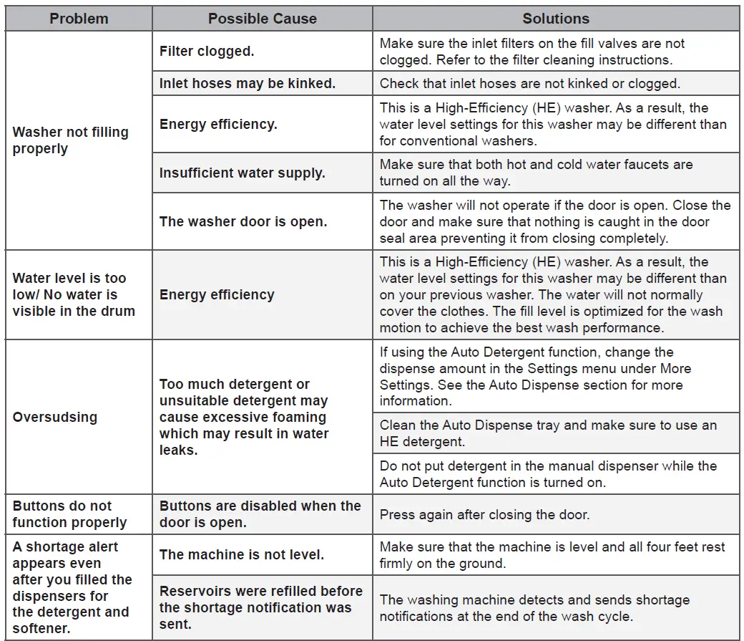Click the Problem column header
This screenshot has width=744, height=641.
pos(79,19)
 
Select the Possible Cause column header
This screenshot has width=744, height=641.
pos(262,19)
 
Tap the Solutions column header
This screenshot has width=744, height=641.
pos(556,19)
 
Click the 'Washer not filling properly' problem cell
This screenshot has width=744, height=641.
pos(71,140)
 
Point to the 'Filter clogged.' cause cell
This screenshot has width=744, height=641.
pos(207,52)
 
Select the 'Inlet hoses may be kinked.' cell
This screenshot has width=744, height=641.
pos(248,84)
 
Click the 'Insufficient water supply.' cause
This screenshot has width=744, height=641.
pos(242,173)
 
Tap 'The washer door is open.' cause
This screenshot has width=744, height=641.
pos(243,221)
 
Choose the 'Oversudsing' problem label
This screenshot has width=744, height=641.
pos(55,417)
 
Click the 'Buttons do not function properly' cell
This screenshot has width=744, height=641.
pos(69,514)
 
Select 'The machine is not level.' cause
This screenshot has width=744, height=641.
pos(242,554)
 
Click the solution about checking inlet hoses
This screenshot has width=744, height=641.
pos(529,84)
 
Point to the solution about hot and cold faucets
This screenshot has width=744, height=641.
pos(536,173)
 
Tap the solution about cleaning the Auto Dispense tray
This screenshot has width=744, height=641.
pos(548,433)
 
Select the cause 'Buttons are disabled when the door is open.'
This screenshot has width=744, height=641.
pos(260,514)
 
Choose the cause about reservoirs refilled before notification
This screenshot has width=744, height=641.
pos(260,607)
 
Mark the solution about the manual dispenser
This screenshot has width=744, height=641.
pos(548,474)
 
